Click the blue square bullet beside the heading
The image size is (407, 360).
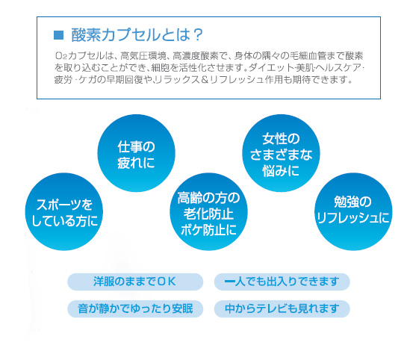click(x=58, y=35)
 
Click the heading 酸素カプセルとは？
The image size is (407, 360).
click(x=137, y=35)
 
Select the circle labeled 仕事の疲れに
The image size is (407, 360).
click(x=136, y=153)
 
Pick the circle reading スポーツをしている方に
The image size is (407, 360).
click(x=64, y=211)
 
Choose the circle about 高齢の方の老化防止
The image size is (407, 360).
click(x=208, y=211)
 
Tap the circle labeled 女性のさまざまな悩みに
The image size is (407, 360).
click(x=281, y=153)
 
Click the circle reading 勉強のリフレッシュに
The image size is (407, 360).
click(x=353, y=211)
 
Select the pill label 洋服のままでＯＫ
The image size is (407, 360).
click(x=135, y=282)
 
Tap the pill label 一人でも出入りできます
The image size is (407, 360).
click(x=282, y=282)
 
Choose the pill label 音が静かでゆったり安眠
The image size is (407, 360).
click(x=135, y=309)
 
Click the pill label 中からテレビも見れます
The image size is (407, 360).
click(x=282, y=309)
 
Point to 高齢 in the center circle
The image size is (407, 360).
click(x=187, y=198)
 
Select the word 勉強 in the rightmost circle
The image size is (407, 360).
click(x=344, y=202)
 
